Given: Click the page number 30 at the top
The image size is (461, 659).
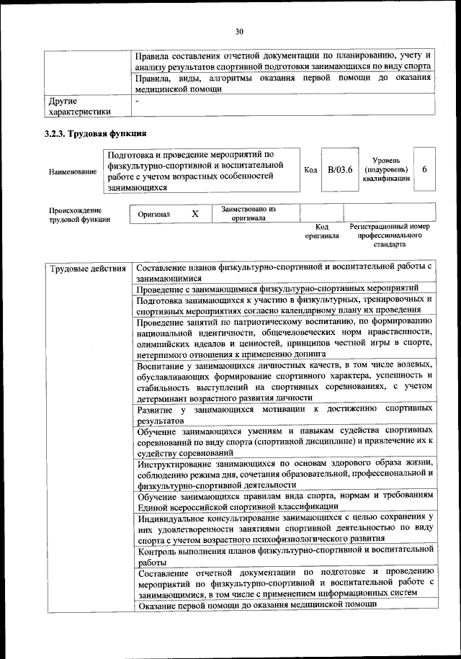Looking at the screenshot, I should [x=239, y=30].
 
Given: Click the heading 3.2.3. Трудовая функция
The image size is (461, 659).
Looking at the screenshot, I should [x=95, y=133].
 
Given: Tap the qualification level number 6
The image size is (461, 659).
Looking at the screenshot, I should [x=425, y=169].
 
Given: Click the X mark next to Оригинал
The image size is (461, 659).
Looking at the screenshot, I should [x=194, y=214].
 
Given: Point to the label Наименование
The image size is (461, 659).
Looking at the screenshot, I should [x=72, y=171].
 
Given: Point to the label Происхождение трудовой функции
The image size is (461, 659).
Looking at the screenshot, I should [x=79, y=215].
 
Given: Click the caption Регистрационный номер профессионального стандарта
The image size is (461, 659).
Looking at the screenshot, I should [x=389, y=235].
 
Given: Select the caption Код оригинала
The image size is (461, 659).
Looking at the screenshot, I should [x=321, y=230].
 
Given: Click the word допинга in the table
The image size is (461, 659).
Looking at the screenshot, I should [x=308, y=354].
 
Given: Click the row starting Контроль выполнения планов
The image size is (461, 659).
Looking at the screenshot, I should [x=285, y=555].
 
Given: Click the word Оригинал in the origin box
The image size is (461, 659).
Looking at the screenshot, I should [x=154, y=215].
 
